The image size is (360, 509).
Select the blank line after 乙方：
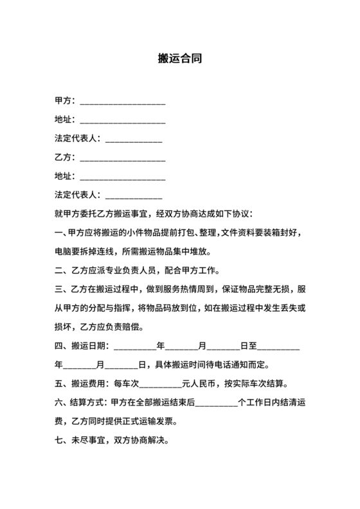click(122, 157)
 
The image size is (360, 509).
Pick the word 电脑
click(64, 251)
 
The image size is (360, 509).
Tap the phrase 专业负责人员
click(132, 269)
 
